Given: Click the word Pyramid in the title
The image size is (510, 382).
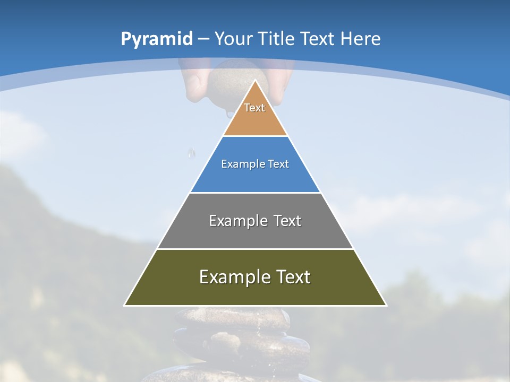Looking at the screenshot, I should coord(156,39).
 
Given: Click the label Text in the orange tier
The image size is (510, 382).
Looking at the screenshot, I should coord(254,108).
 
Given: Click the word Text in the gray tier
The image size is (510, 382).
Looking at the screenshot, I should coord(287,221).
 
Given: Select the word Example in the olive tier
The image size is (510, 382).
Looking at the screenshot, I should coord(233,277).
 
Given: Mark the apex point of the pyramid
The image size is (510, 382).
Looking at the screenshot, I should coord(255,81).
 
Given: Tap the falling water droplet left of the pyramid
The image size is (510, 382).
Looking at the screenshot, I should coord(191,153).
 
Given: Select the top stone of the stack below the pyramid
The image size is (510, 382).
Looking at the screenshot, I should coord(234,317).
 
